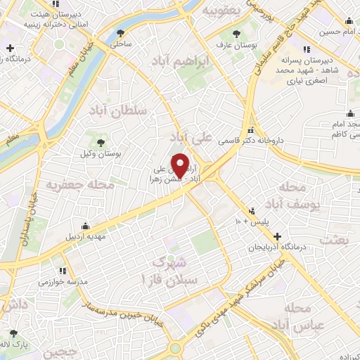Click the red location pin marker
(x=180, y=165)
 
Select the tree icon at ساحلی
(x=122, y=32)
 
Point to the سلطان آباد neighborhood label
(x=117, y=110)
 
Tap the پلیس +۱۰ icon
(x=252, y=210)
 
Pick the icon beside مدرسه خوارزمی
(x=63, y=270)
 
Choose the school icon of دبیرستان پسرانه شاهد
(x=307, y=49)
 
